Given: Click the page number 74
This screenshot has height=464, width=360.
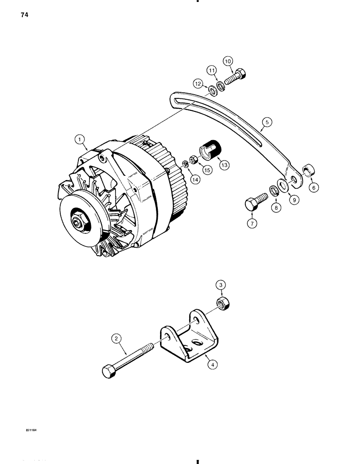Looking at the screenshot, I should pyautogui.click(x=24, y=15).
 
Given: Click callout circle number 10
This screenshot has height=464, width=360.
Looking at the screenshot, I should pyautogui.click(x=228, y=61).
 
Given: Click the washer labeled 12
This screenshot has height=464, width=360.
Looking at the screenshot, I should pyautogui.click(x=212, y=89).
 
